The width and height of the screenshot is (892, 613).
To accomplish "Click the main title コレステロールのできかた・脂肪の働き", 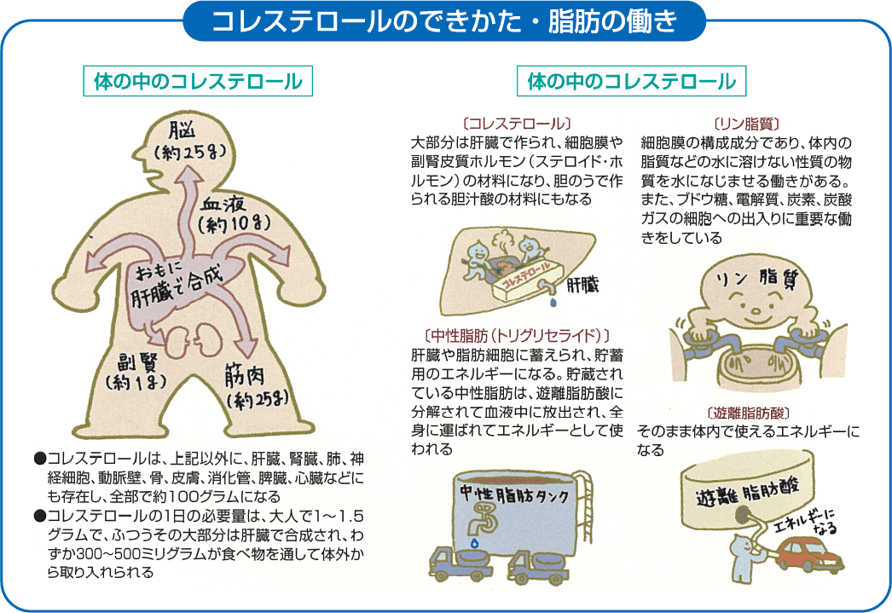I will pyautogui.click(x=444, y=20).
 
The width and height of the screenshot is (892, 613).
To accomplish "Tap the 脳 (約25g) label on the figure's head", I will pyautogui.click(x=188, y=141).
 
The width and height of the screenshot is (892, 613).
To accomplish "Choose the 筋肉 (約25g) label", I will pyautogui.click(x=259, y=386).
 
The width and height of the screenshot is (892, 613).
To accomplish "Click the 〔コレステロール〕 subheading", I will pyautogui.click(x=515, y=123).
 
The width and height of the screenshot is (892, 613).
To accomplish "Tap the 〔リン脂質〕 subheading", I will pyautogui.click(x=746, y=123).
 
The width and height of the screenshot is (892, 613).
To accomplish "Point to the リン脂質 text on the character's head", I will pyautogui.click(x=754, y=278).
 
